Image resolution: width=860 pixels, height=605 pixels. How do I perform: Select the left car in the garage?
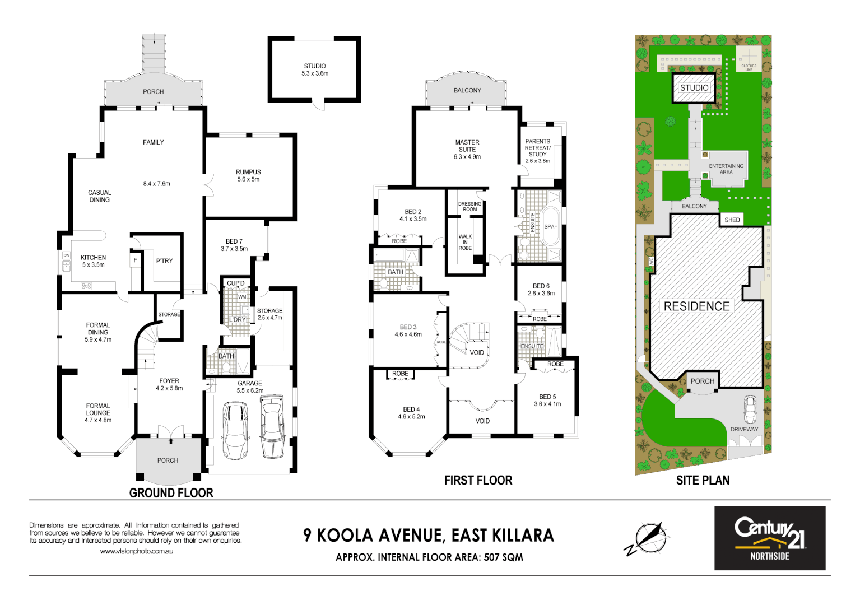pyautogui.click(x=235, y=430)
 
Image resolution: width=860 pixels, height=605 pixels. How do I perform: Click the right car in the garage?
pyautogui.click(x=272, y=426)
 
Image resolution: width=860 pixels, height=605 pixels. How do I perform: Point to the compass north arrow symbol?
pyautogui.click(x=648, y=538)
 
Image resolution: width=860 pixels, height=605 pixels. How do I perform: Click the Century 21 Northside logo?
pyautogui.click(x=769, y=538)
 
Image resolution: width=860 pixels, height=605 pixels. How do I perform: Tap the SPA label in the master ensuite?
pyautogui.click(x=549, y=227)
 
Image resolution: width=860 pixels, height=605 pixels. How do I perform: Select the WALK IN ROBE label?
pyautogui.click(x=465, y=242)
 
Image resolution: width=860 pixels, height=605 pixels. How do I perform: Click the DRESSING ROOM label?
pyautogui.click(x=469, y=206)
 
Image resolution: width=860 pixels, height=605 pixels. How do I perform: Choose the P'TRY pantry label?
pyautogui.click(x=164, y=261)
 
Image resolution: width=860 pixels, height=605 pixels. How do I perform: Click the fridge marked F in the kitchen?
pyautogui.click(x=135, y=260)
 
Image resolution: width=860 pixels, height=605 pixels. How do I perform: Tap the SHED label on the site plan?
pyautogui.click(x=732, y=220)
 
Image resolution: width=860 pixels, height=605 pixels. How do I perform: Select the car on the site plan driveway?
pyautogui.click(x=749, y=409)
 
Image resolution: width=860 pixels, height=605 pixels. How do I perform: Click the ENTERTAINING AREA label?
pyautogui.click(x=726, y=169)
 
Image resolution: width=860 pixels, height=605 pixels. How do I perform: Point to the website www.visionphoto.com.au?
pyautogui.click(x=136, y=551)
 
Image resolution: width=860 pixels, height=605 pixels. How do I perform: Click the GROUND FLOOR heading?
pyautogui.click(x=171, y=493)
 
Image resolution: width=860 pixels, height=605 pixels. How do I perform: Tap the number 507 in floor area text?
pyautogui.click(x=491, y=557)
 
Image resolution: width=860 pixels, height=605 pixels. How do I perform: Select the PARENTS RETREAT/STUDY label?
pyautogui.click(x=537, y=151)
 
